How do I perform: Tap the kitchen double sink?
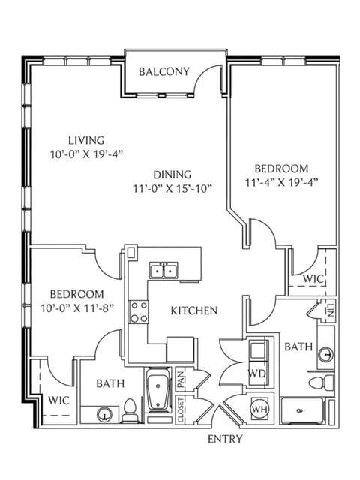(163, 270)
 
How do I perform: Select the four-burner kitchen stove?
(139, 310)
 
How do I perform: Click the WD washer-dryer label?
(256, 373)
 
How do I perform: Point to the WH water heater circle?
(260, 409)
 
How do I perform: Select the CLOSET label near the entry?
(181, 409)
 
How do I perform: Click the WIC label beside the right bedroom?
(313, 279)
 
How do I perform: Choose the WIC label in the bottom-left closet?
(58, 400)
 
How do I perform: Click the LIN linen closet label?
(329, 311)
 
